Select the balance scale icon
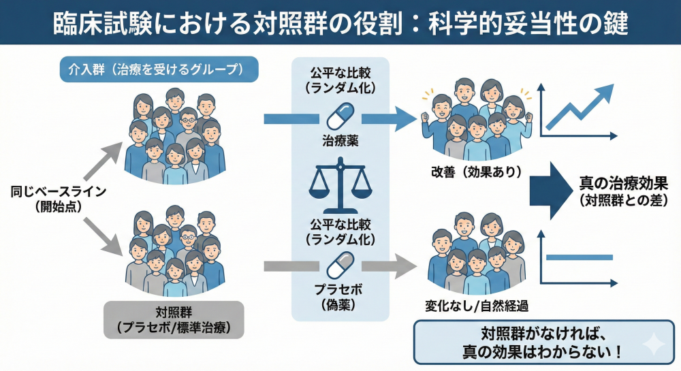338,188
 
